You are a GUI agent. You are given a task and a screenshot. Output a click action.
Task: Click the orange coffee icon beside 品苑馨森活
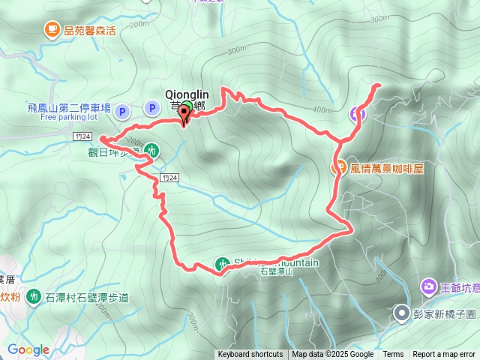51,30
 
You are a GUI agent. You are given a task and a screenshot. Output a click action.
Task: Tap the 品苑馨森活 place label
89,31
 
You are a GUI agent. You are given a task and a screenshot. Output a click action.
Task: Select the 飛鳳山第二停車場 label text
69,107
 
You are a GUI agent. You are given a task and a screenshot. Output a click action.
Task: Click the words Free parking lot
69,117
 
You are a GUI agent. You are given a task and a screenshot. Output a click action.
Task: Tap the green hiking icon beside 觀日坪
152,150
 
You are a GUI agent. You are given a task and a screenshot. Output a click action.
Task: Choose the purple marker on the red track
358,114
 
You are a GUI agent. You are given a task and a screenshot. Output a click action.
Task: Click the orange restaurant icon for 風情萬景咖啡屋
339,168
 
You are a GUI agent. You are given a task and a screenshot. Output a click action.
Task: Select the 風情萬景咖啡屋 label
387,169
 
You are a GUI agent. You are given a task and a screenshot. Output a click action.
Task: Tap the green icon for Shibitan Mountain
223,264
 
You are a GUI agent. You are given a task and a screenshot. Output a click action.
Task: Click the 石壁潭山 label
277,271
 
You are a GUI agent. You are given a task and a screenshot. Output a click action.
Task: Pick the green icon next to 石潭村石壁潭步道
34,297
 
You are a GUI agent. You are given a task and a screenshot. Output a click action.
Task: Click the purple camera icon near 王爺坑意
428,286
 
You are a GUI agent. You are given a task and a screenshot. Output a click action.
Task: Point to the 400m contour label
322,110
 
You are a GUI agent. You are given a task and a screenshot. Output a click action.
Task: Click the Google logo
28,349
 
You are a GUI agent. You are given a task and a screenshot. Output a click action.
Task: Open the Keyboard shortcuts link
250,355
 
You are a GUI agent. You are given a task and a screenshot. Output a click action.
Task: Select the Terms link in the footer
393,355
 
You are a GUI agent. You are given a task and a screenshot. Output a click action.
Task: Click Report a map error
444,355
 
